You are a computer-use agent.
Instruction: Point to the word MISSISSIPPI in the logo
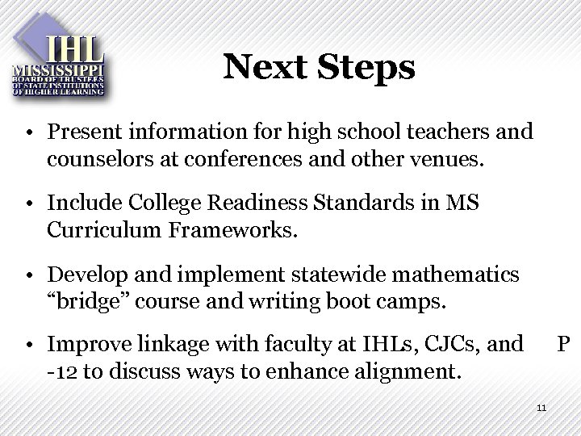pos(59,70)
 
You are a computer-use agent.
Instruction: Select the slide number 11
pos(541,407)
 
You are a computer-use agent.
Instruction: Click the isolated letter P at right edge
pos(564,346)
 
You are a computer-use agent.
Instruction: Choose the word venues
pos(449,159)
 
